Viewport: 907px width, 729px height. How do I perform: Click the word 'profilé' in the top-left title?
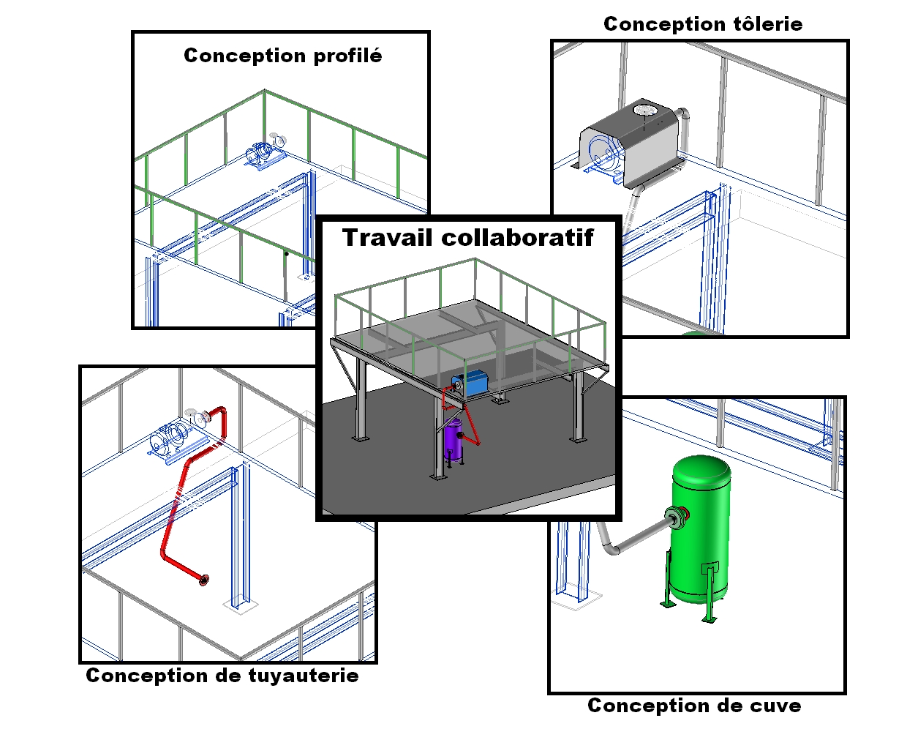pos(347,56)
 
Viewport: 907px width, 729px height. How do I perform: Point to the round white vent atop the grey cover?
pos(645,111)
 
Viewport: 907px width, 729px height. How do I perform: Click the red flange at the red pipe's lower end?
pos(203,581)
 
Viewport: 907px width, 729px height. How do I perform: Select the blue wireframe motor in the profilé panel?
pos(261,155)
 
